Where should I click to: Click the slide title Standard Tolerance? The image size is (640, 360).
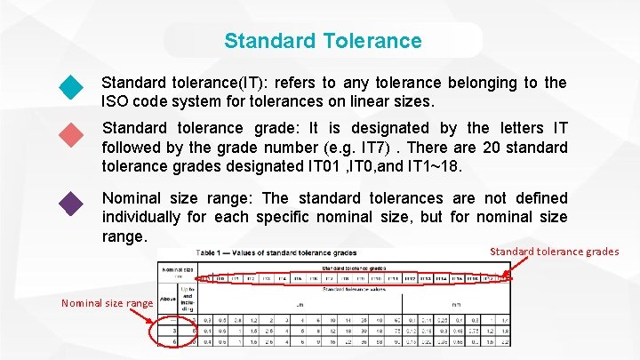coord(323,41)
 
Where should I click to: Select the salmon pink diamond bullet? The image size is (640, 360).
coord(70,136)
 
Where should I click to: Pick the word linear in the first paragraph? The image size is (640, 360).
coord(350,101)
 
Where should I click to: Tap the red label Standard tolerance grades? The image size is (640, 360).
coord(555,252)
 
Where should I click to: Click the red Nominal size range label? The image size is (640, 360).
coord(107,303)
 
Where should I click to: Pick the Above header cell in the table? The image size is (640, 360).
coord(167,299)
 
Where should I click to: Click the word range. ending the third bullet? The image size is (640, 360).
coord(124,236)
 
